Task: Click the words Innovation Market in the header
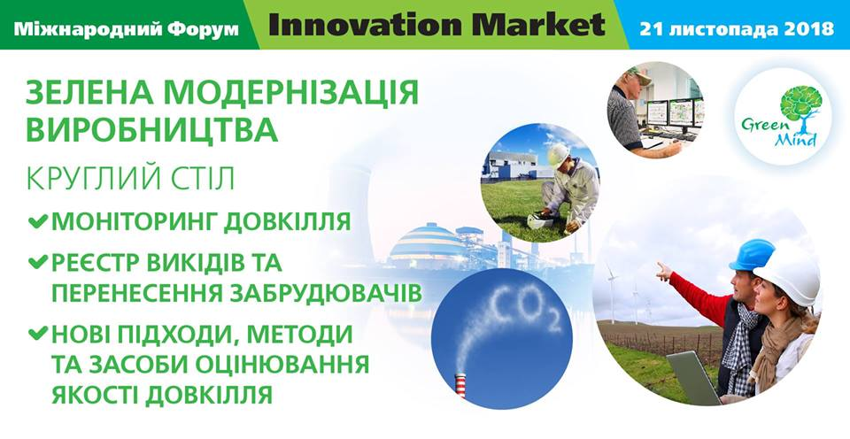(437, 25)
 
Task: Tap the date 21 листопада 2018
(737, 28)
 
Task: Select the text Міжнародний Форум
(127, 28)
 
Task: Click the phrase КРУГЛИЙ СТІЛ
(131, 179)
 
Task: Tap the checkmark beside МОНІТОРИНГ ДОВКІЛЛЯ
(38, 221)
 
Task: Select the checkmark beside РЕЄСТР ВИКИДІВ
(38, 263)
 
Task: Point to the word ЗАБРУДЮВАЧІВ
(326, 293)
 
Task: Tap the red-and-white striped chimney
(460, 385)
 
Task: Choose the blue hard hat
(752, 254)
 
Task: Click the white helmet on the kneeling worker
(558, 155)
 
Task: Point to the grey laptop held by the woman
(693, 377)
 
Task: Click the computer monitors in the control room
(675, 113)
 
